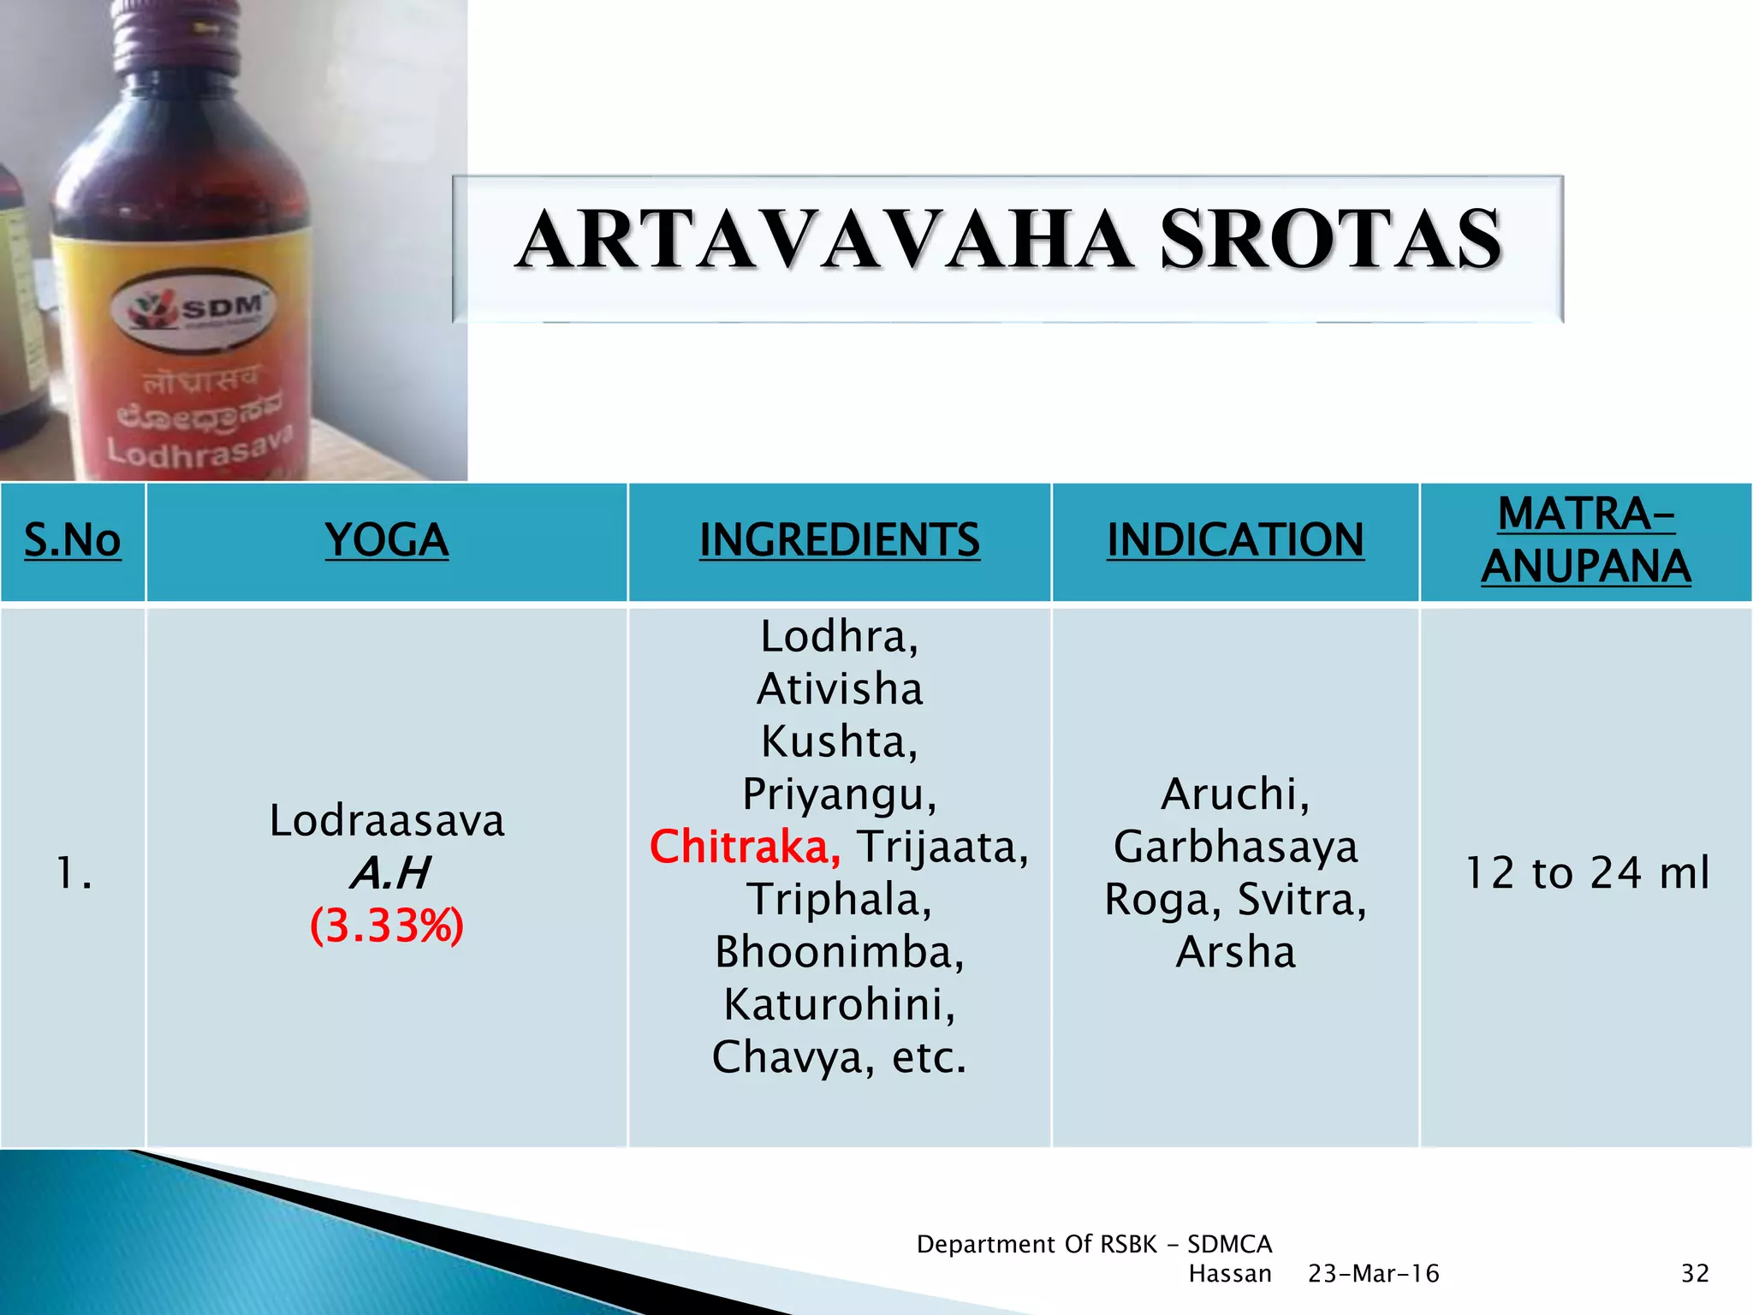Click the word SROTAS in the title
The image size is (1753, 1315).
click(x=1331, y=241)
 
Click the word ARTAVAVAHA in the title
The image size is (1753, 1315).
click(x=826, y=241)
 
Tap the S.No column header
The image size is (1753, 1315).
click(x=73, y=540)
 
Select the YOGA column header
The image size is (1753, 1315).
click(x=387, y=540)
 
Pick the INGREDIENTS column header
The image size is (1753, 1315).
click(x=839, y=540)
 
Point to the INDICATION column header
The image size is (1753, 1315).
click(x=1235, y=540)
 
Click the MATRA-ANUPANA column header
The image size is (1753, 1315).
click(x=1586, y=540)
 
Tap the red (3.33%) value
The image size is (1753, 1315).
click(x=387, y=925)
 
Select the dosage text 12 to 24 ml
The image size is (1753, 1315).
click(x=1587, y=873)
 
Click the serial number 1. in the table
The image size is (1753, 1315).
click(x=74, y=874)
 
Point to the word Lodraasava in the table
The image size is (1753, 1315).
click(x=387, y=820)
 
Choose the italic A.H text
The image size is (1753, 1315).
click(x=389, y=873)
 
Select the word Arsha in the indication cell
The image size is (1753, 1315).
click(x=1235, y=952)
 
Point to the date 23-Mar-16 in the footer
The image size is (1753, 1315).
click(x=1373, y=1274)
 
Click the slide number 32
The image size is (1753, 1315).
click(x=1695, y=1274)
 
